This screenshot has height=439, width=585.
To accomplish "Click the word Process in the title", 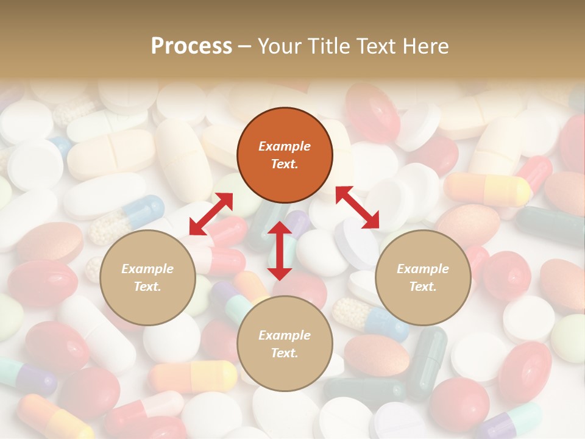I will pyautogui.click(x=191, y=46).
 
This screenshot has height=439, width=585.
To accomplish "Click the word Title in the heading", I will pyautogui.click(x=328, y=46).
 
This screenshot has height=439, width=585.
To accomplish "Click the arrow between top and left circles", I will pyautogui.click(x=211, y=214).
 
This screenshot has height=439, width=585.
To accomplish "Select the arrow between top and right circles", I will pyautogui.click(x=358, y=207).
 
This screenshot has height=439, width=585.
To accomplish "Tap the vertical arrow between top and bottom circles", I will pyautogui.click(x=280, y=251).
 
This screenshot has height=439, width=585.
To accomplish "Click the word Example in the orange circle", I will pyautogui.click(x=285, y=146).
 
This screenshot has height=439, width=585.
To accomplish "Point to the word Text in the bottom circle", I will pyautogui.click(x=285, y=353).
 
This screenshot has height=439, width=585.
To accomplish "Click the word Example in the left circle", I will pyautogui.click(x=147, y=269).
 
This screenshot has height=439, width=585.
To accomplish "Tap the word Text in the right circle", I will pyautogui.click(x=423, y=287).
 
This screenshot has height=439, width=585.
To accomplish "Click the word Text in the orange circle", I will pyautogui.click(x=285, y=164).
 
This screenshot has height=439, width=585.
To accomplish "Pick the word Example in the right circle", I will pyautogui.click(x=423, y=269).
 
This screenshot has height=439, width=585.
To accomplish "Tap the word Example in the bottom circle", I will pyautogui.click(x=285, y=335).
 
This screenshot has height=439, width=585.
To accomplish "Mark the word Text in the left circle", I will pyautogui.click(x=147, y=287).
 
